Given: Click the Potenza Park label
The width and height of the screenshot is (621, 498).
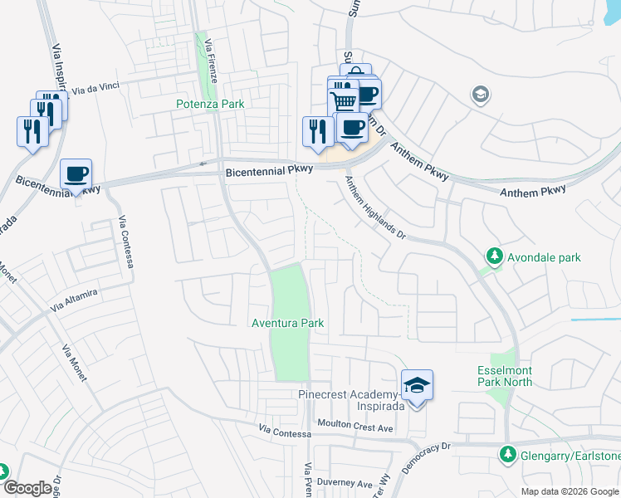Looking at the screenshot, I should [210, 105].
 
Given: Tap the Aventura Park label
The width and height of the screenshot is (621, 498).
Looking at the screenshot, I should [287, 322].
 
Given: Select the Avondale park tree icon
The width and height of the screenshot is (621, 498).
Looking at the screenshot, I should [496, 256].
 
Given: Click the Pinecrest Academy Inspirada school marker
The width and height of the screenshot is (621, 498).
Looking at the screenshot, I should [417, 385].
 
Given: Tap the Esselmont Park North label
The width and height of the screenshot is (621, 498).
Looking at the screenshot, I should [506, 376].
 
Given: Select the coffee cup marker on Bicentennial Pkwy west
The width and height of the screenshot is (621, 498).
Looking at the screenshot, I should [76, 174].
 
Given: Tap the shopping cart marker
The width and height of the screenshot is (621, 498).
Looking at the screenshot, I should [345, 100].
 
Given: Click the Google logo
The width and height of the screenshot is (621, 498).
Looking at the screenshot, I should [27, 489].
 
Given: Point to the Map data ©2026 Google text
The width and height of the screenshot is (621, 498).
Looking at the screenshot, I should [570, 491].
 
